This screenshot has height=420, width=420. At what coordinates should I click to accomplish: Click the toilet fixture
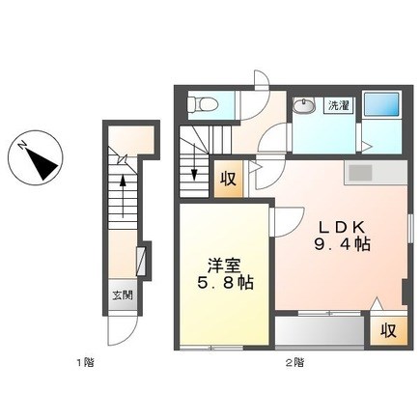tap(203, 104)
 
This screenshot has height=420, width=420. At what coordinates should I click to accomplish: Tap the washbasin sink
tap(304, 106)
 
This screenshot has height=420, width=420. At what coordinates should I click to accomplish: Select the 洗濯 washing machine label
tap(339, 105)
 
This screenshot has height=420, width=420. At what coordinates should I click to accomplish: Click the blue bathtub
tap(381, 105)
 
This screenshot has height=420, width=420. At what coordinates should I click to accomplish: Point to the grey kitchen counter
tap(376, 173)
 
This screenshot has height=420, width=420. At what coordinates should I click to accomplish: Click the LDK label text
tap(341, 228)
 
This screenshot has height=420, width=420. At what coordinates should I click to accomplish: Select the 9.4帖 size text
tap(342, 244)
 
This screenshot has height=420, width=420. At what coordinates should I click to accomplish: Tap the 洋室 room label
tap(224, 266)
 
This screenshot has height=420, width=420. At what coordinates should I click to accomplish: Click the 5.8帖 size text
tap(225, 283)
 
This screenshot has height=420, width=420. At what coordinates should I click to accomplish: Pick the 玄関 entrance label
tap(123, 295)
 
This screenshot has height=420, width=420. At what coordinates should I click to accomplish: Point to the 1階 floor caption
tap(85, 363)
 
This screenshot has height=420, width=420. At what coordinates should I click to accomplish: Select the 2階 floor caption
tap(294, 363)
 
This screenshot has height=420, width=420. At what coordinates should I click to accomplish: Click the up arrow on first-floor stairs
tap(123, 196)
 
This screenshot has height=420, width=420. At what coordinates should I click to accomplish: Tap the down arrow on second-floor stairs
tap(194, 161)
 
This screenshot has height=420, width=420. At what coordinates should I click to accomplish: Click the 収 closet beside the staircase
tap(229, 179)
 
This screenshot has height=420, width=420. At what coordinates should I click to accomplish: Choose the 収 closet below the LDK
tap(388, 330)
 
